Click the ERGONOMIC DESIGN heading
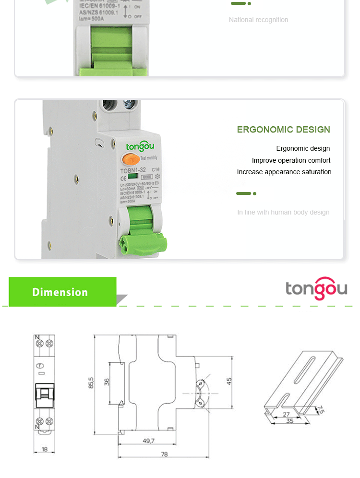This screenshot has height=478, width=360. (x=283, y=130)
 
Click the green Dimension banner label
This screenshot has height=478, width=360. (x=60, y=292)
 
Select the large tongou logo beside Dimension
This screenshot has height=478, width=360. (x=316, y=288)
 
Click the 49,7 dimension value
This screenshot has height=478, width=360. (x=148, y=441)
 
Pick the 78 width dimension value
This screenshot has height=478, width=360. (x=165, y=454)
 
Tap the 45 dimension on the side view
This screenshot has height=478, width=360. (x=229, y=381)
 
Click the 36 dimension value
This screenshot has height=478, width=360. (x=107, y=382)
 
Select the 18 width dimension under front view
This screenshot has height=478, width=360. (x=45, y=449)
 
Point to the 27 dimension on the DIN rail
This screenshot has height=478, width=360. (x=286, y=414)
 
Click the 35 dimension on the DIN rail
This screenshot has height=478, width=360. (x=289, y=421)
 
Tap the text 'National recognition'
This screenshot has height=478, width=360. (x=258, y=20)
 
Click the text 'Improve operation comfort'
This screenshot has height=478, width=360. (x=291, y=160)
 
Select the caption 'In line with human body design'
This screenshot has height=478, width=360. (x=283, y=212)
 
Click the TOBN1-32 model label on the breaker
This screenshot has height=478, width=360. (x=133, y=170)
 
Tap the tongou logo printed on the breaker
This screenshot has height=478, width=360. (x=140, y=146)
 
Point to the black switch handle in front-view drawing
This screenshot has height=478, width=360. (x=45, y=394)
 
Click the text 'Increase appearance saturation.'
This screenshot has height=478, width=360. (x=285, y=172)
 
